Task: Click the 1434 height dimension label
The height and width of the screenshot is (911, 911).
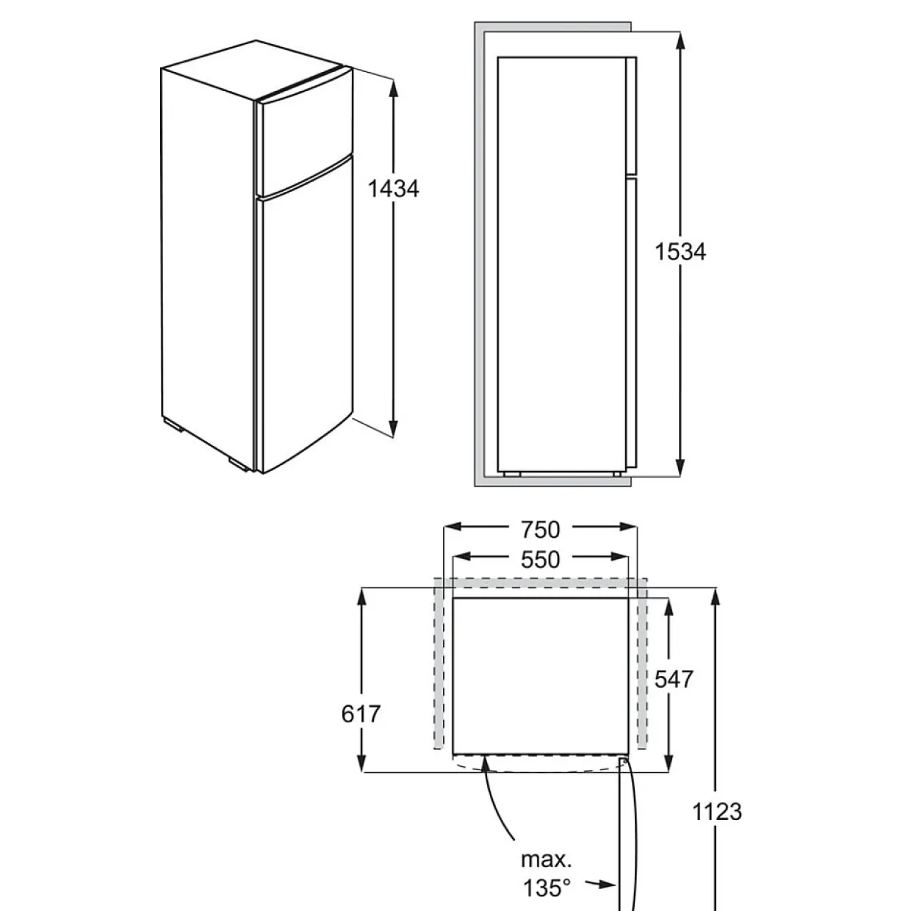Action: [x=393, y=189]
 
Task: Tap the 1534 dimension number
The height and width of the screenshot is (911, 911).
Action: [x=680, y=251]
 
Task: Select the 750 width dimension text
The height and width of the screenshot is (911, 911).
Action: [x=541, y=530]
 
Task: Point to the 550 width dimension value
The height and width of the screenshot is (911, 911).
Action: [x=541, y=560]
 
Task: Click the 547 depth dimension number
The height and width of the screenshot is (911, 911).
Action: [x=674, y=680]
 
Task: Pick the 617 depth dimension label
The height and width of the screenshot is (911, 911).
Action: [x=361, y=714]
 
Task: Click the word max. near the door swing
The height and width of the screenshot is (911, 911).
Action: [x=546, y=860]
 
